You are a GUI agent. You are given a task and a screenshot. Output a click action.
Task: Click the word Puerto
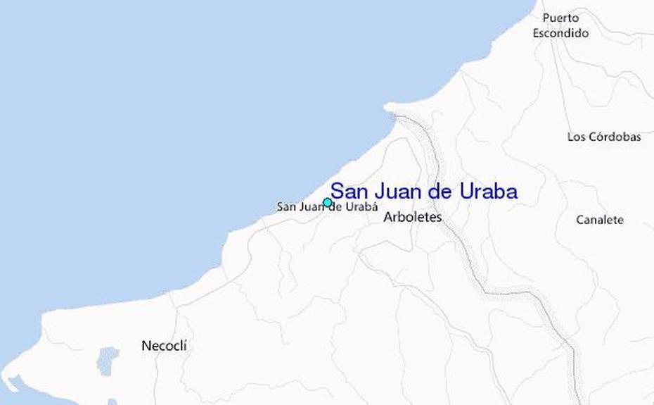pyautogui.click(x=560, y=18)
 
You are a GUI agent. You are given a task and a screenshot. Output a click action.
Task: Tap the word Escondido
pyautogui.click(x=560, y=33)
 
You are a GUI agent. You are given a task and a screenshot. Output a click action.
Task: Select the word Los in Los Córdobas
pyautogui.click(x=576, y=137)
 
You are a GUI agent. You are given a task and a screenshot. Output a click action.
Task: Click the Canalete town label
pyautogui.click(x=600, y=220)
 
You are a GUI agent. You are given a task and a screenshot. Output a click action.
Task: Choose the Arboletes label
pyautogui.click(x=412, y=218)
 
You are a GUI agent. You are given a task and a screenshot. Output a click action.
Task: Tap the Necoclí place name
pyautogui.click(x=165, y=346)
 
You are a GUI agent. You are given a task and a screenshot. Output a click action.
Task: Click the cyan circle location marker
pyautogui.click(x=327, y=203)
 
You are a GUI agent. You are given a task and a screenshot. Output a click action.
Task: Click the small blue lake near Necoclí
pyautogui.click(x=107, y=360)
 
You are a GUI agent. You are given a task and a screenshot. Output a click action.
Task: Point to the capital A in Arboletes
pyautogui.click(x=387, y=218)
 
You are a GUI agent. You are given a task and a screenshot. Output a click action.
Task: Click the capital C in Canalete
pyautogui.click(x=580, y=220)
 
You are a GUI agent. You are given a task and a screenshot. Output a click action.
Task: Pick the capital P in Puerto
pyautogui.click(x=546, y=18)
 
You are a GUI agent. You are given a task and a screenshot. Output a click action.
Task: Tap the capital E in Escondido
pyautogui.click(x=536, y=33)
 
